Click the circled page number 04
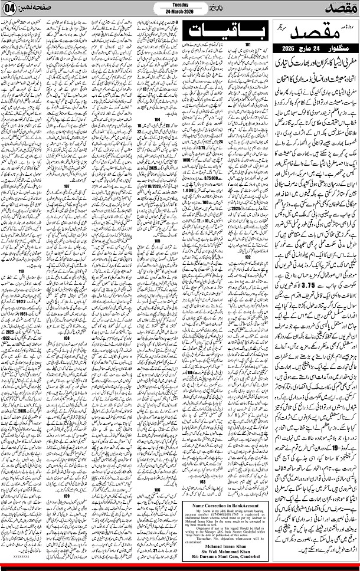click(x=11, y=10)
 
